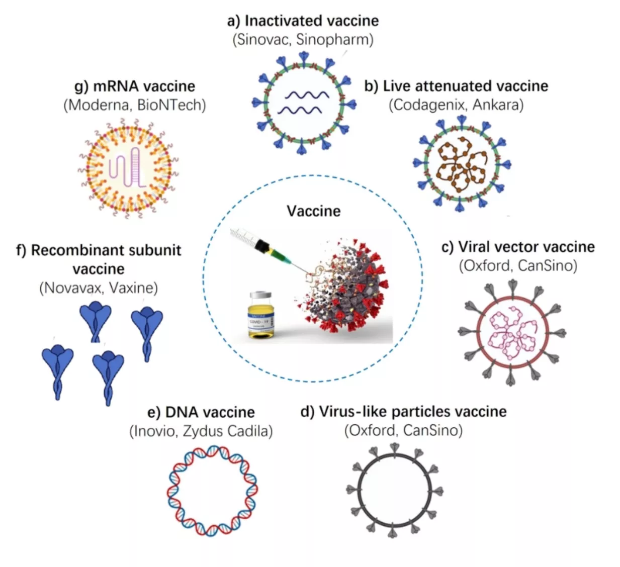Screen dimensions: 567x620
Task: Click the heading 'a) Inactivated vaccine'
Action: [303, 21]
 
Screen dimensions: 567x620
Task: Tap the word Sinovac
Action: [262, 40]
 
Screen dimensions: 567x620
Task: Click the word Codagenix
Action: [429, 105]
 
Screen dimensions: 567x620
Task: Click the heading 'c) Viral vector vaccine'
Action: [518, 247]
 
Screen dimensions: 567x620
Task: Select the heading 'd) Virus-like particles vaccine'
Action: [403, 412]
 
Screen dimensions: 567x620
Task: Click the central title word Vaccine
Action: [313, 211]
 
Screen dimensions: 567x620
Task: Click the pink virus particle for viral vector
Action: [512, 333]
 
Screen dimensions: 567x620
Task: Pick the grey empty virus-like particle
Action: [395, 490]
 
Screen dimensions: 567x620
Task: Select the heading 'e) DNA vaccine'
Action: [201, 413]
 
